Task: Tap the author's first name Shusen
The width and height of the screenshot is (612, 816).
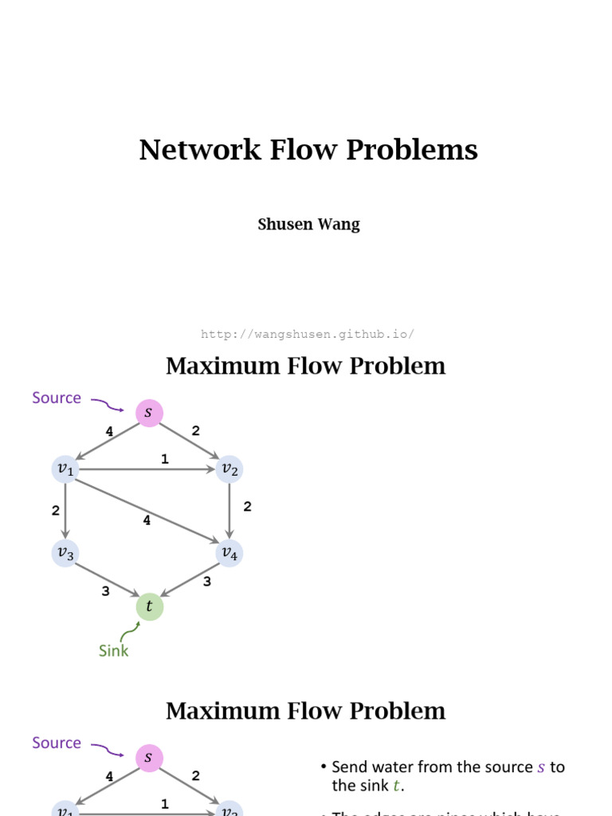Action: pyautogui.click(x=284, y=225)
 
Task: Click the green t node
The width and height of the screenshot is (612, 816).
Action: pyautogui.click(x=149, y=606)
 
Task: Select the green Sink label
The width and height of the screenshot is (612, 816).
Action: pyautogui.click(x=113, y=650)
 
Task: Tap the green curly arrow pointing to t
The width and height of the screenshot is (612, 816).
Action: pyautogui.click(x=127, y=632)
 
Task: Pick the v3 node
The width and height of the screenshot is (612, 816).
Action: pyautogui.click(x=65, y=553)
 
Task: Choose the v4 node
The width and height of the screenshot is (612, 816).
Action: pyautogui.click(x=229, y=553)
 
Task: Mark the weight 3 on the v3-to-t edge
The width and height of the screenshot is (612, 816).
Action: pyautogui.click(x=105, y=591)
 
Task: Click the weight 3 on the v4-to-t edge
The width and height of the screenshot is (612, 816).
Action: pyautogui.click(x=207, y=582)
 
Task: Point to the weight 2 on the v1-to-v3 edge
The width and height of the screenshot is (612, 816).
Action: pyautogui.click(x=56, y=510)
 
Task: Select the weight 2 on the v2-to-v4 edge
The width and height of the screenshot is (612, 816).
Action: pyautogui.click(x=248, y=507)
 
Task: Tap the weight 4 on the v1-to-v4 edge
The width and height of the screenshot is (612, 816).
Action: pyautogui.click(x=147, y=520)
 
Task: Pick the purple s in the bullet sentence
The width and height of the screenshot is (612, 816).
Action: pyautogui.click(x=541, y=767)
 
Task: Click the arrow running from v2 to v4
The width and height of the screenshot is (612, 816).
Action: pyautogui.click(x=229, y=510)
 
